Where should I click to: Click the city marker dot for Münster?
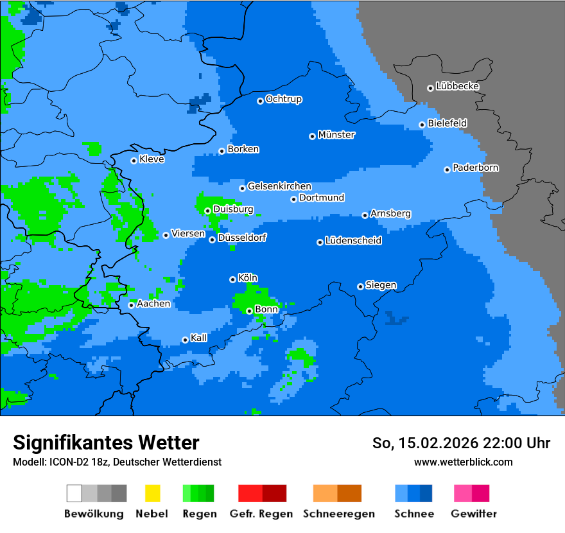click(313, 136)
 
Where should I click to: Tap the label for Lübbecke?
click(458, 86)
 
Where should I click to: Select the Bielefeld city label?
click(448, 123)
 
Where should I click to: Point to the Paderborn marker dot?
click(448, 170)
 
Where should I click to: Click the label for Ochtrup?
click(284, 100)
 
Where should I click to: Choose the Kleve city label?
click(152, 159)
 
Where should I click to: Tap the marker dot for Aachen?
click(132, 305)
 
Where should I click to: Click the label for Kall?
click(199, 338)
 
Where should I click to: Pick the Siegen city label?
click(381, 285)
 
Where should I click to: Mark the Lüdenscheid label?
click(354, 241)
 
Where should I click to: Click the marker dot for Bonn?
click(250, 311)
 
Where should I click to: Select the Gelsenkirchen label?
click(280, 186)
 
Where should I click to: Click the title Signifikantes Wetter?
click(106, 442)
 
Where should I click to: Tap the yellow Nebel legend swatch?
click(152, 493)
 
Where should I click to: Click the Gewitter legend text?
click(474, 514)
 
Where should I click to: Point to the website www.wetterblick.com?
click(464, 462)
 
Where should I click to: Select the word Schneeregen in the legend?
click(338, 514)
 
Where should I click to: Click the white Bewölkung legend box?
click(74, 493)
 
